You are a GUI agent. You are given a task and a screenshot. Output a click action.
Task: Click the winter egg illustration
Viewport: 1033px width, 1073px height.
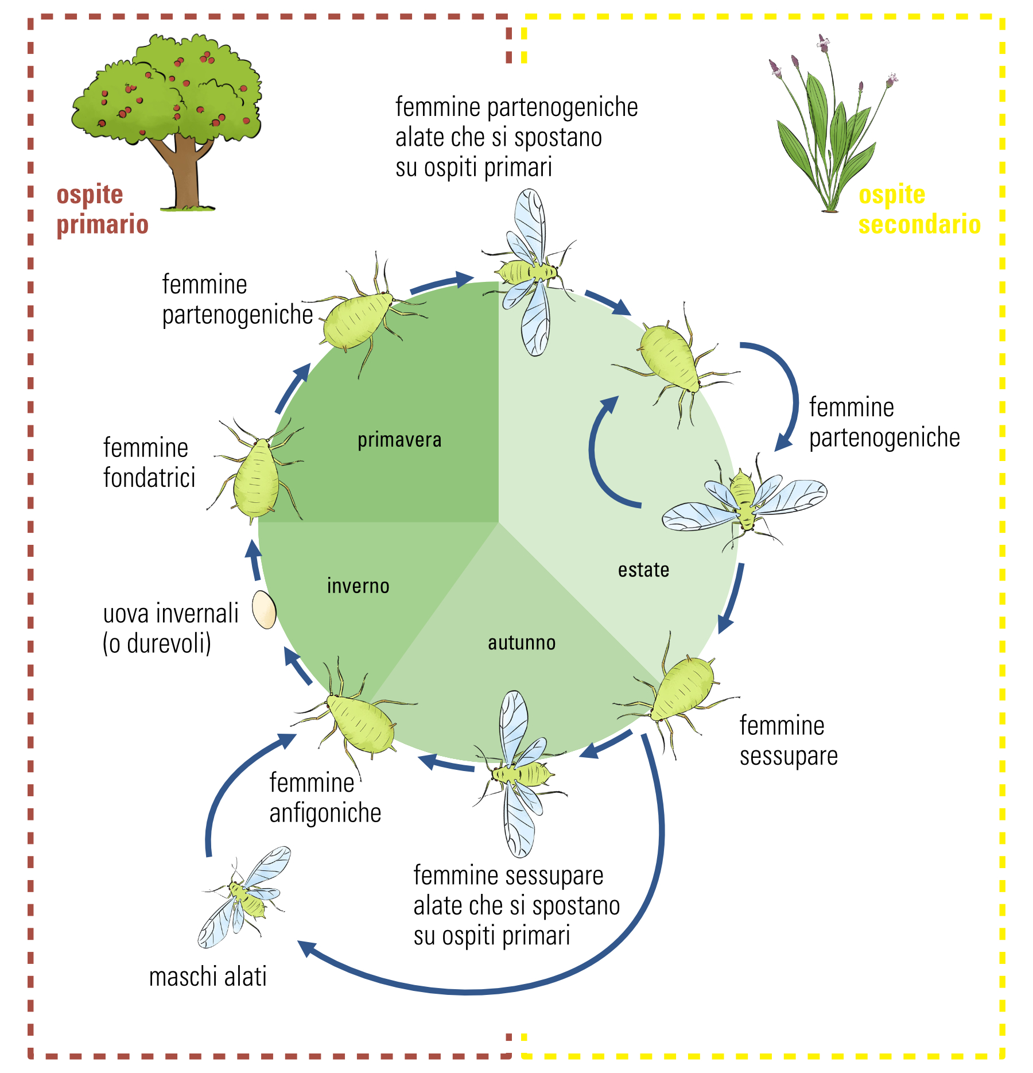coord(264,610)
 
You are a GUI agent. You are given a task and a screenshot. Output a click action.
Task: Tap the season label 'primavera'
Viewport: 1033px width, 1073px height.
coord(399,440)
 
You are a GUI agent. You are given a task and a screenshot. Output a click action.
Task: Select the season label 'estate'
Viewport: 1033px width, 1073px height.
coord(643,570)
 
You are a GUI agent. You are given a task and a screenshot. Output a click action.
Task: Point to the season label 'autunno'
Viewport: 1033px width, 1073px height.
coord(522,643)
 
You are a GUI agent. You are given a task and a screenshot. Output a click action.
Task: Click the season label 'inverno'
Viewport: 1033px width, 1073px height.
coord(358,586)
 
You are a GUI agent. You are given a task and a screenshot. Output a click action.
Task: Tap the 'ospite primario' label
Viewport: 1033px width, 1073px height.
coord(102,210)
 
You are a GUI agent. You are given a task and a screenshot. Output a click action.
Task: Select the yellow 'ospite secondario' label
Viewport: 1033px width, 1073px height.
coord(919,210)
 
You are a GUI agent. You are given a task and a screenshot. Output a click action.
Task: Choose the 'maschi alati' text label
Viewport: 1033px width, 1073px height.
coord(208,977)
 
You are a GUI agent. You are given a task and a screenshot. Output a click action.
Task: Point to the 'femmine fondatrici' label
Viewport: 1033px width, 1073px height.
coord(149,463)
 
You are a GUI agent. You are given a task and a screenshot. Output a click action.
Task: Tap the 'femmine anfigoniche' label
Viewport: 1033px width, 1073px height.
coord(325,798)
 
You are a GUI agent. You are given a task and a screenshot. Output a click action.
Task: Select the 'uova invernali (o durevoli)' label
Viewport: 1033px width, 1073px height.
coord(170,629)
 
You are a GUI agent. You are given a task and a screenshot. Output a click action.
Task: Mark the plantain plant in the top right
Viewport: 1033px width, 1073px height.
coord(829,132)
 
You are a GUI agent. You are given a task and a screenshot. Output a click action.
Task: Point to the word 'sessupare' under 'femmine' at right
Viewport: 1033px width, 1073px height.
coord(789,756)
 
